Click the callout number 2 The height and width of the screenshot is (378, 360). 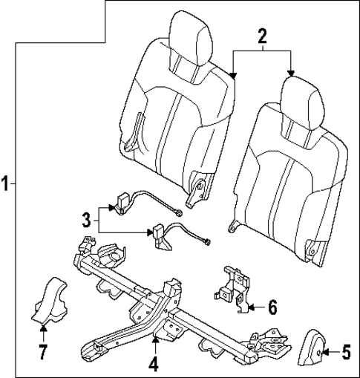click(261, 34)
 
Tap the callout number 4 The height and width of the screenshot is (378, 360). click(154, 365)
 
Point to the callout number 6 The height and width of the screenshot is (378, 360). click(272, 305)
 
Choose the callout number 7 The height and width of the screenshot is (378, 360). click(42, 349)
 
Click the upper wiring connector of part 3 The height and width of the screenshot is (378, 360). click(122, 201)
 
